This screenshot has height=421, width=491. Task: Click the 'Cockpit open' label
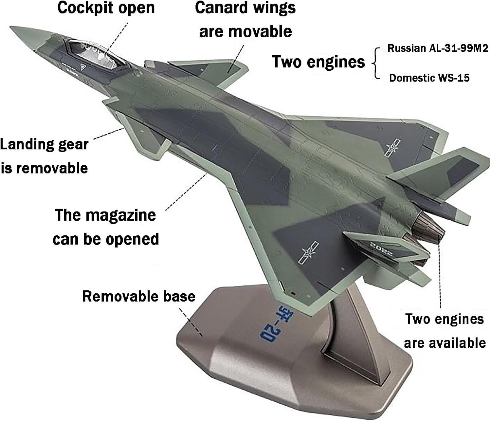click(106, 8)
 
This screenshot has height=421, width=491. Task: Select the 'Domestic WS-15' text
click(429, 78)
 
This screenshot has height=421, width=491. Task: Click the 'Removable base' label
click(138, 296)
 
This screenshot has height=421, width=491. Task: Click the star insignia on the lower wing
click(308, 252)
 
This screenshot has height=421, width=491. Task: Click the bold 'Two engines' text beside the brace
click(318, 62)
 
